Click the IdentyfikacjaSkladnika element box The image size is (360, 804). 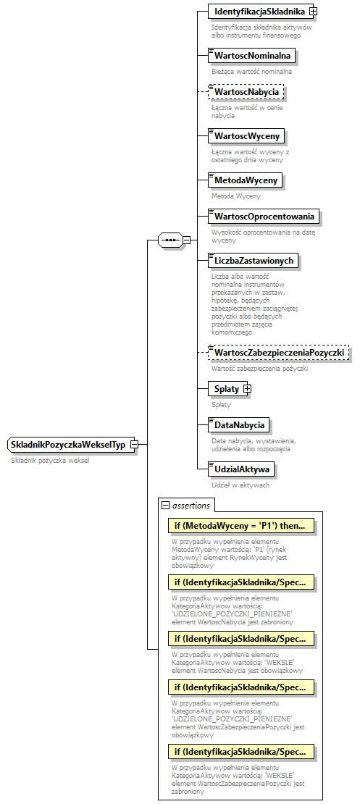pos(257,12)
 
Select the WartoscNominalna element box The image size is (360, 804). pos(251,55)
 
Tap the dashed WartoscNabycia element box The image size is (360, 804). pos(246,93)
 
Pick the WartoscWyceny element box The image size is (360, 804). pos(246,135)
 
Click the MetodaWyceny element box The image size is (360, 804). pos(245,180)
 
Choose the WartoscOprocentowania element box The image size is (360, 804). pos(263,216)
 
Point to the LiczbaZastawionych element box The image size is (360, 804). pos(252,260)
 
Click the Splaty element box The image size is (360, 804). pos(226,389)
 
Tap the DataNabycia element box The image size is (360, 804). pos(238,424)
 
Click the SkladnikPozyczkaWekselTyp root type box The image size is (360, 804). pos(68,444)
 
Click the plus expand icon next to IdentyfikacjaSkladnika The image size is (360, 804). pos(313,12)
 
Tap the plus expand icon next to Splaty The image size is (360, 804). pos(247,389)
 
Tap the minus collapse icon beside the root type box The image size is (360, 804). pos(134,444)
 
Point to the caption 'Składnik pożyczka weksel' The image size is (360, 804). pos(49,461)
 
